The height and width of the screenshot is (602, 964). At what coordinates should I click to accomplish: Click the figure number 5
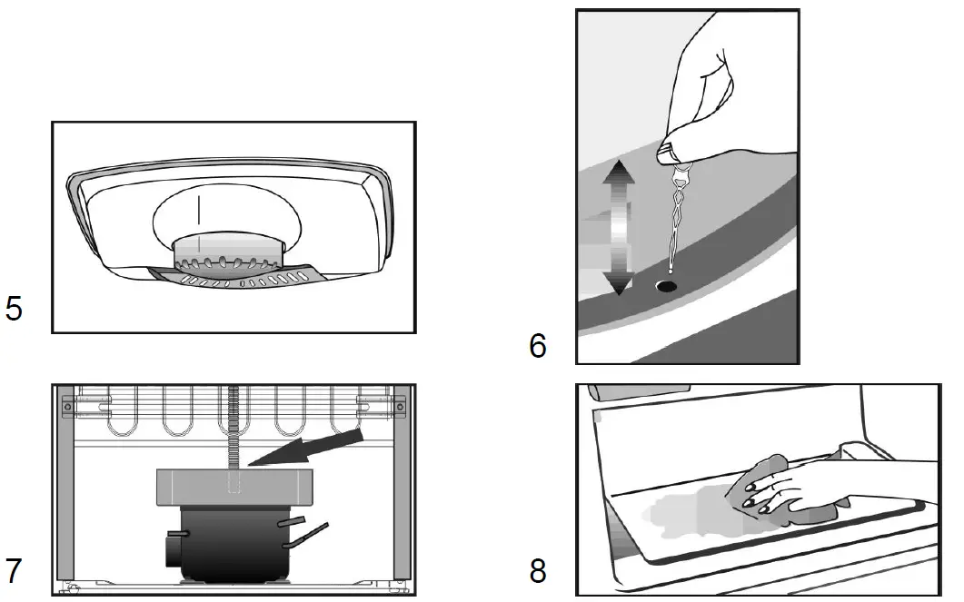(x=15, y=309)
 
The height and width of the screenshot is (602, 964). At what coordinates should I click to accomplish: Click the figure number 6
(x=538, y=346)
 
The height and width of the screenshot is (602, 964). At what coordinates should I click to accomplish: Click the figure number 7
(x=15, y=570)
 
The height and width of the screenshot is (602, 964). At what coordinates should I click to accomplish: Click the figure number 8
(x=538, y=570)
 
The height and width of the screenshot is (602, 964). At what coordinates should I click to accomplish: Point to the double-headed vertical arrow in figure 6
(x=618, y=226)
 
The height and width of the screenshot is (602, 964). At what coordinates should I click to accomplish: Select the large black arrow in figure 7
(x=309, y=449)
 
